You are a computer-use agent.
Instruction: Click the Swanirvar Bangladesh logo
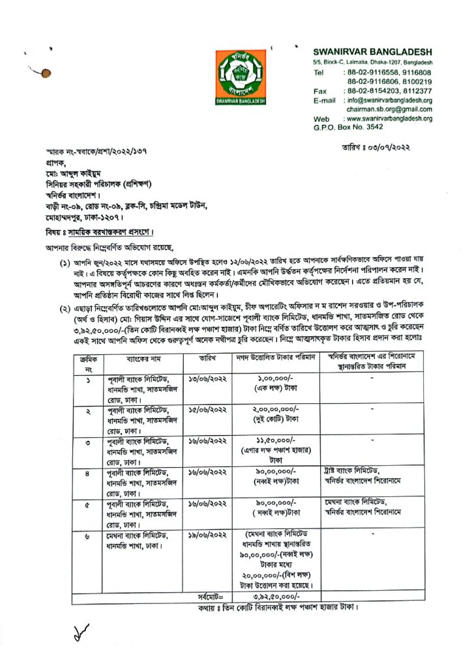coord(241,76)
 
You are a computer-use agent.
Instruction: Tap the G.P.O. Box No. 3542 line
coord(349,128)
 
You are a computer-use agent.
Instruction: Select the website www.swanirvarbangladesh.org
coord(389,119)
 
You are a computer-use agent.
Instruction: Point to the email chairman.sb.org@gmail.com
coord(381,110)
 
